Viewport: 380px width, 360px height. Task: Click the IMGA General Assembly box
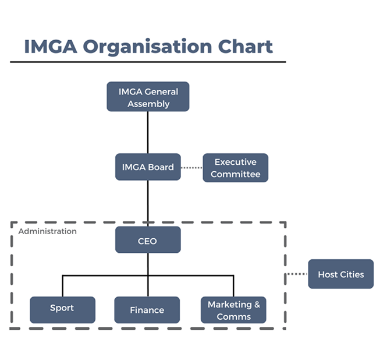coord(148,97)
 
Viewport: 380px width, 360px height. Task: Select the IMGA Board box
coord(148,167)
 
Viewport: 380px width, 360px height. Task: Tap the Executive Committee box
coord(235,168)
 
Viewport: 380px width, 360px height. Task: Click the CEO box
coord(148,240)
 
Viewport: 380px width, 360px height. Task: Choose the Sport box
coord(62,309)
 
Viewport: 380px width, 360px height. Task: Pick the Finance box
coord(147,310)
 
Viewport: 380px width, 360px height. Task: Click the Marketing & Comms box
coord(233,310)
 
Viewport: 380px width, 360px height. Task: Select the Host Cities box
coord(340,274)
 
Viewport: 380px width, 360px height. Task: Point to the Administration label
coord(47,231)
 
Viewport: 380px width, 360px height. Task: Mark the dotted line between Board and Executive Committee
coord(191,168)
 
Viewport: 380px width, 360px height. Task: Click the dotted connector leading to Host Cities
coord(297,274)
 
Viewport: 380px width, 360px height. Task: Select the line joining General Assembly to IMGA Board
coord(148,132)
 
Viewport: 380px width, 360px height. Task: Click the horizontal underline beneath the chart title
coord(148,61)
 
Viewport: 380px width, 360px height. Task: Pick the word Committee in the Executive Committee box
coord(235,174)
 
